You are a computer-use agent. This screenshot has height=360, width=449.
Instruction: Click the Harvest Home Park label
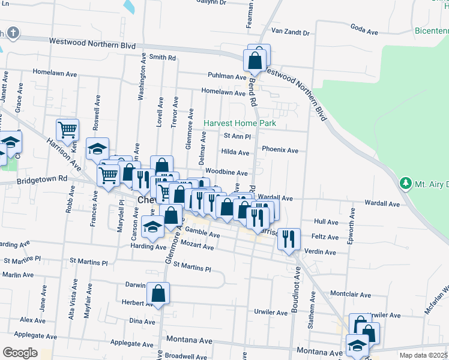click(x=240, y=123)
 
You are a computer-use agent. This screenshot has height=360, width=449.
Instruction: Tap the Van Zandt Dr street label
click(x=290, y=32)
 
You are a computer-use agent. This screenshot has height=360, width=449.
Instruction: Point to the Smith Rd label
click(x=163, y=58)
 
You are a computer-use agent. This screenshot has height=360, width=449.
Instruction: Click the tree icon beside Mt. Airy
click(x=406, y=183)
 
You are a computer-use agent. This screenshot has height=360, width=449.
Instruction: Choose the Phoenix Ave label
click(x=280, y=150)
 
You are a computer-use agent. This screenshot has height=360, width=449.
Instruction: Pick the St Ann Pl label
click(x=237, y=137)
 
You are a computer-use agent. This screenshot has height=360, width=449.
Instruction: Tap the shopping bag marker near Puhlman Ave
click(x=255, y=60)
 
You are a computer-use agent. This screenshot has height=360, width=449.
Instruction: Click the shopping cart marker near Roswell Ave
click(x=68, y=129)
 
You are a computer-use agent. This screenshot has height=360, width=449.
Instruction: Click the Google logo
click(x=20, y=352)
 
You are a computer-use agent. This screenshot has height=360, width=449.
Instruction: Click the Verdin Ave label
click(x=320, y=252)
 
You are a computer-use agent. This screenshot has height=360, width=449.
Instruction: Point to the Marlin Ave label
click(x=18, y=275)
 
